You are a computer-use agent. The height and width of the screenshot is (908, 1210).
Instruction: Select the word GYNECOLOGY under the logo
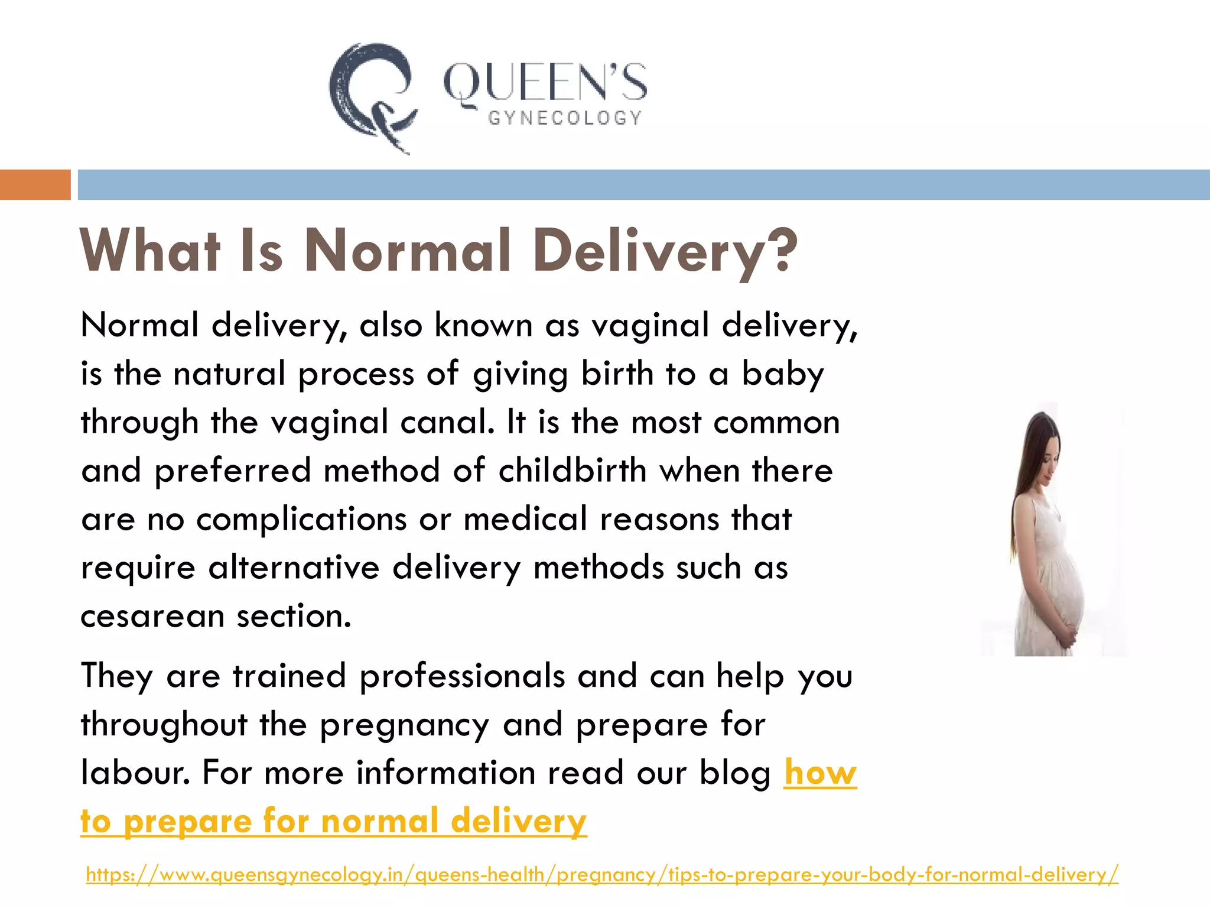click(564, 118)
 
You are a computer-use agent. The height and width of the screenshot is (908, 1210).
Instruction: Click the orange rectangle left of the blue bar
click(35, 184)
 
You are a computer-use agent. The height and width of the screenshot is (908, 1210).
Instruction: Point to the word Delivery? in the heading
click(665, 251)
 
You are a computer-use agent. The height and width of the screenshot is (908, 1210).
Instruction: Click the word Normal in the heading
click(408, 251)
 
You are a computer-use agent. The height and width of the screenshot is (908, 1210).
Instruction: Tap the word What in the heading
click(151, 251)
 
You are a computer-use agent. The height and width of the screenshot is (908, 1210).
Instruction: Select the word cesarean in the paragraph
click(152, 617)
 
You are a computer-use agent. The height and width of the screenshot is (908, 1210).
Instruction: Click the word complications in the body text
click(301, 520)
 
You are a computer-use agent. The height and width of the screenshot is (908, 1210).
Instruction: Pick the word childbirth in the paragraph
click(573, 471)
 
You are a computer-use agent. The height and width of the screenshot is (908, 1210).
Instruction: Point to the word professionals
click(462, 676)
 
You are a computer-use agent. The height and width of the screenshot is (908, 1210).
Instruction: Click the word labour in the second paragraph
click(135, 773)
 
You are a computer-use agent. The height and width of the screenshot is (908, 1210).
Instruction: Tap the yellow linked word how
click(820, 773)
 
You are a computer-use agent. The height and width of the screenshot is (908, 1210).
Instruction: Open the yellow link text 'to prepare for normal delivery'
click(333, 821)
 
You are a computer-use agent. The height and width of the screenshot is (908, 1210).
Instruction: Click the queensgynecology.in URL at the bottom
click(602, 874)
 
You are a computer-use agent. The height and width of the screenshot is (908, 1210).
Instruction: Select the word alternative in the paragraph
click(294, 568)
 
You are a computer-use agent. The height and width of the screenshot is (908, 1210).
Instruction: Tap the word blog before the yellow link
click(734, 773)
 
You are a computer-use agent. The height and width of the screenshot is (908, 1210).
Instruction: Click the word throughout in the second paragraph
click(164, 724)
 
